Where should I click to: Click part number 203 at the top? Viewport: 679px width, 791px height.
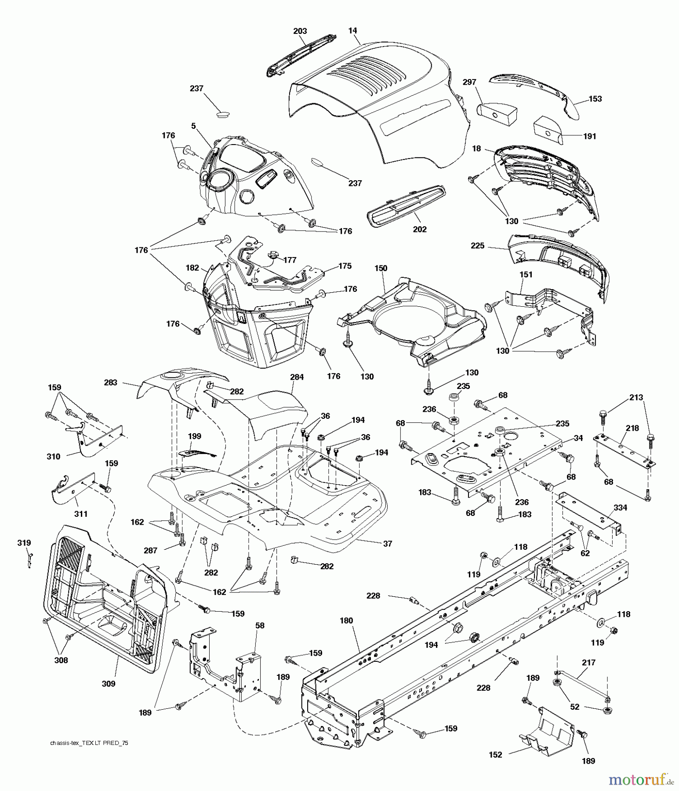[300, 31]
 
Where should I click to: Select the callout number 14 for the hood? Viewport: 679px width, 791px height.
[352, 31]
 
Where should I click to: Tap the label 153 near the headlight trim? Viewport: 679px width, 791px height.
[595, 99]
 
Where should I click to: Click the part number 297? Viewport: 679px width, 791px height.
[469, 82]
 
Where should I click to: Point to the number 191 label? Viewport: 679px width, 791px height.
[589, 136]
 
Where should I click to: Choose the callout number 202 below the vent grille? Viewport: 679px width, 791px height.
[420, 229]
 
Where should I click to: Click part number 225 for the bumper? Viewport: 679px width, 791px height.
[477, 246]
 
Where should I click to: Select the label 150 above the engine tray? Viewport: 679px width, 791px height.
[381, 269]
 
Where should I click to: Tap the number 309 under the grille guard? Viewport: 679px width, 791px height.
[108, 684]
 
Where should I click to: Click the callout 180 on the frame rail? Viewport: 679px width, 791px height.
[346, 620]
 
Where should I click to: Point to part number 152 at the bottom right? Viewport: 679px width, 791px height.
[495, 755]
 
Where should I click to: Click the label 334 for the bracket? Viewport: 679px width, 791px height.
[621, 508]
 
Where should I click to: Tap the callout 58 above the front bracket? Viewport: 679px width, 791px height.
[260, 625]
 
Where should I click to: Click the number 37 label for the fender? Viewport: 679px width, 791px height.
[387, 544]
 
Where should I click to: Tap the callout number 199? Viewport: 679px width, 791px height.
[194, 436]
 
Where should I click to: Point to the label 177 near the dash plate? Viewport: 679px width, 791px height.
[290, 260]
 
